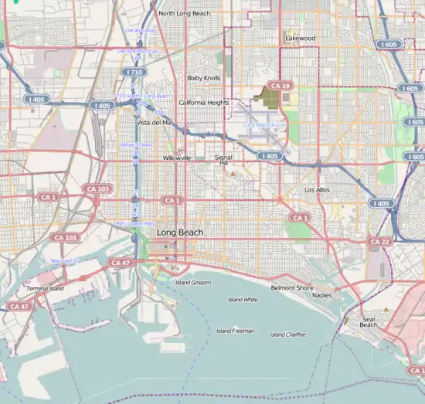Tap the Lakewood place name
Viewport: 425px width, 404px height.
click(299, 37)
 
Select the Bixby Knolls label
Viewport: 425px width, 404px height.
click(203, 78)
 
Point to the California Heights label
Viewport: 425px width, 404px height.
click(203, 102)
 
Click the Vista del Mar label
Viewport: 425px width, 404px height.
click(155, 122)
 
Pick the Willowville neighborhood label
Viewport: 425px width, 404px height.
click(177, 158)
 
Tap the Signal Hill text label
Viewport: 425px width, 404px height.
click(223, 160)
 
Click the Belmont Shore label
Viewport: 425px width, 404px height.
click(292, 287)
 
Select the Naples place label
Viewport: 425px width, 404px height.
click(322, 295)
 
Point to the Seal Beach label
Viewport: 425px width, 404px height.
click(369, 321)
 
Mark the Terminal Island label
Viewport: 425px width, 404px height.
click(46, 288)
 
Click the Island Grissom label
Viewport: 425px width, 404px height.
click(192, 283)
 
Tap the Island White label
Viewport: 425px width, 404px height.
click(243, 299)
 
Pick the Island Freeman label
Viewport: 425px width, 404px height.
click(235, 331)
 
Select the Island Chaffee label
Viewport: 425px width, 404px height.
click(287, 334)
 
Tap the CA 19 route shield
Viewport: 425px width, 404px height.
click(277, 85)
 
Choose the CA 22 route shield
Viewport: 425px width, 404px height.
click(379, 242)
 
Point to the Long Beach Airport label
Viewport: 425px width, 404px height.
click(265, 124)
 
